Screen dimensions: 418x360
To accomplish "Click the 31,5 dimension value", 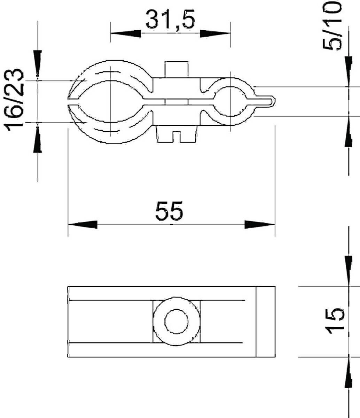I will pyautogui.click(x=170, y=20).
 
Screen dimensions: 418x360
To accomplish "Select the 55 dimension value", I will pyautogui.click(x=169, y=211).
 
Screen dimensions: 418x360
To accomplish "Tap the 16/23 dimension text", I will pyautogui.click(x=15, y=100).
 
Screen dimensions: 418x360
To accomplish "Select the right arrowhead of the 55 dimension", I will pyautogui.click(x=260, y=225).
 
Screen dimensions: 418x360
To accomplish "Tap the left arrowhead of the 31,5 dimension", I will pyautogui.click(x=125, y=33).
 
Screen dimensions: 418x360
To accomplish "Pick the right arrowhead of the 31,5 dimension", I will pyautogui.click(x=215, y=33).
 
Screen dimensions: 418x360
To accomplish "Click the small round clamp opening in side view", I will pyautogui.click(x=230, y=101).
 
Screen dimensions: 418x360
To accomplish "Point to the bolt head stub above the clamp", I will pyautogui.click(x=177, y=69).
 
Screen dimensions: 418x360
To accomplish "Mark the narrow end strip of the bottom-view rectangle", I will pyautogui.click(x=265, y=322).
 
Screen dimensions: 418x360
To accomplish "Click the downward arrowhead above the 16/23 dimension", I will pyautogui.click(x=37, y=63).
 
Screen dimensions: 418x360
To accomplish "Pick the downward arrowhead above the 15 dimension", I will pyautogui.click(x=348, y=270).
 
